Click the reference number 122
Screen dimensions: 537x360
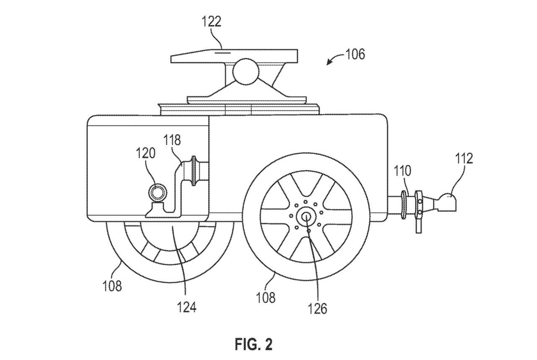(x=211, y=21)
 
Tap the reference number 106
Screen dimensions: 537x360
(x=355, y=54)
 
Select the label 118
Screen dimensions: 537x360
(x=172, y=140)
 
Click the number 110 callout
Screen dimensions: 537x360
(x=403, y=171)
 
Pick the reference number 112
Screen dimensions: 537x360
(x=464, y=159)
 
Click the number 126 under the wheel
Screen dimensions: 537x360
(x=318, y=308)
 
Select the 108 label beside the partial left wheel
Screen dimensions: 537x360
(x=112, y=286)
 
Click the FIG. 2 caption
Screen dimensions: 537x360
(x=254, y=345)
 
